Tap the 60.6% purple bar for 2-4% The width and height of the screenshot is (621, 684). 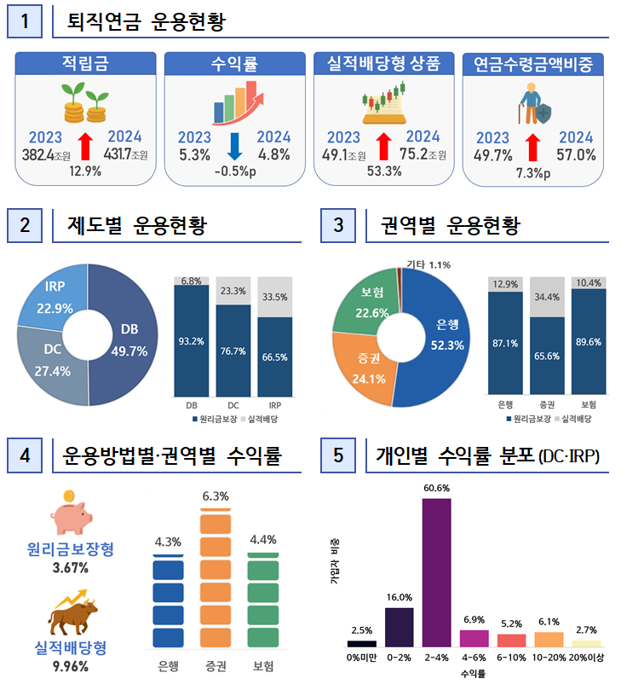437,571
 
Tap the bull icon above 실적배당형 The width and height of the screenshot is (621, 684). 73,612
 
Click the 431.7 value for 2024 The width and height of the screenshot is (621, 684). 117,154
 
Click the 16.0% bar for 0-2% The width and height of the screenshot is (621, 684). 400,627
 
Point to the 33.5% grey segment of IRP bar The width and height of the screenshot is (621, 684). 274,297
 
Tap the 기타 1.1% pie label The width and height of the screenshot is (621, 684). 428,264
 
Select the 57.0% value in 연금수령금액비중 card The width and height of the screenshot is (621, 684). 576,155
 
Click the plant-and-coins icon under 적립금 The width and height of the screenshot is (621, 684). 83,104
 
